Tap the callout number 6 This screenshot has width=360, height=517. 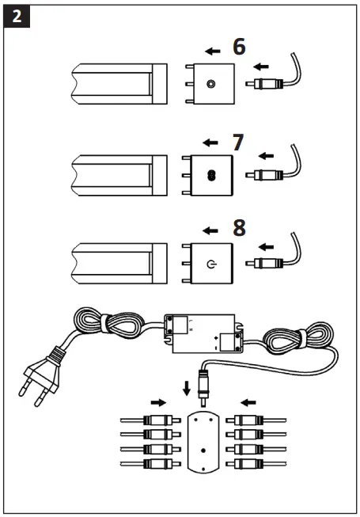[x=238, y=47]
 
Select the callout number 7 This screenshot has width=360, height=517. [x=237, y=143]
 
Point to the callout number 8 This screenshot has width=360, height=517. [x=239, y=229]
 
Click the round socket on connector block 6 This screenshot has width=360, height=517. [x=210, y=84]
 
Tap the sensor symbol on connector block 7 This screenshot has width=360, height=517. [x=210, y=177]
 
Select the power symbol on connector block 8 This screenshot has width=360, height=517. [x=210, y=262]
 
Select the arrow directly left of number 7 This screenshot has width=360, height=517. [x=210, y=143]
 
